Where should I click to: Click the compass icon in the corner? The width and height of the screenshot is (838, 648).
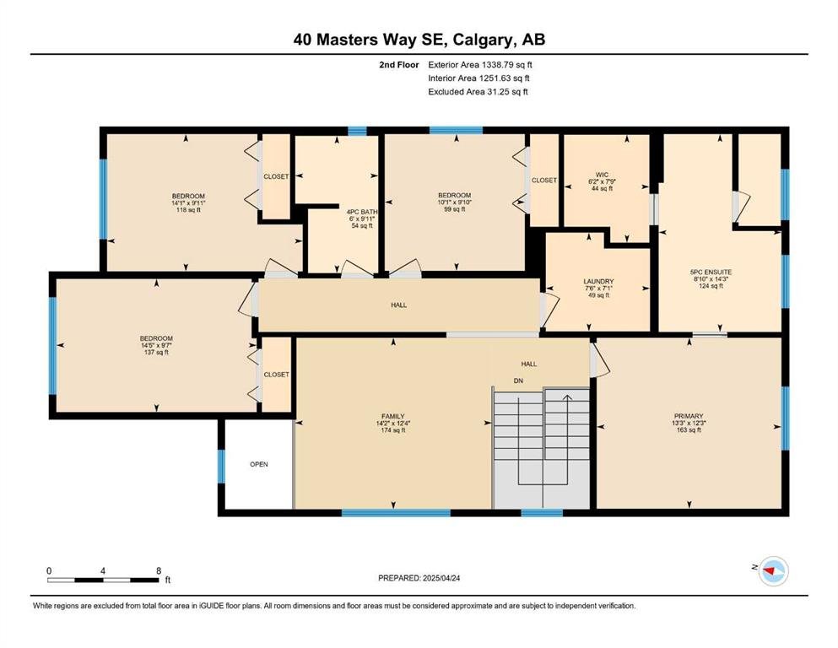pos(773,570)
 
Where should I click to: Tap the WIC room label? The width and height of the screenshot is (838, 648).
pos(602,175)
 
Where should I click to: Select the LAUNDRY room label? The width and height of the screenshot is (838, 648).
pos(598,282)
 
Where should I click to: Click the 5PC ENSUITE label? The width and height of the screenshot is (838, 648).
pos(711,272)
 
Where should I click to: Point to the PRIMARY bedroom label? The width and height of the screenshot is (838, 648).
pos(689,416)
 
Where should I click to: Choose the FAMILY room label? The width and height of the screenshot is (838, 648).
pos(392,417)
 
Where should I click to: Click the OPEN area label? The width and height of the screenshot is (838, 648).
pos(259,464)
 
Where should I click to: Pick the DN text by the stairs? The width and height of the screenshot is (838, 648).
pos(518,381)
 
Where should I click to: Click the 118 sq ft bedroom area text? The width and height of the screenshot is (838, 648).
pos(188,210)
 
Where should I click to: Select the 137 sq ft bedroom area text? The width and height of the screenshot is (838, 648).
pos(156,352)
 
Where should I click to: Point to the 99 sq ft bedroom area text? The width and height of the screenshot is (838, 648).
pos(454,209)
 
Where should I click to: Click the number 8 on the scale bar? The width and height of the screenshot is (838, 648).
pos(159,571)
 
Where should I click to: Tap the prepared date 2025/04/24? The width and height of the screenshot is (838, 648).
pos(441,578)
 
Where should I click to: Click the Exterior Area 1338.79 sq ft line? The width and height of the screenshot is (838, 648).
pos(480,65)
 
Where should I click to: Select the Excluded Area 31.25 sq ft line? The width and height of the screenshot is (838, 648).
pos(478,91)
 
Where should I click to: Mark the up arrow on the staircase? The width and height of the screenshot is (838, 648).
pos(567,397)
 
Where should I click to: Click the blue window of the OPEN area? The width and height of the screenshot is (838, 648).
pos(221,467)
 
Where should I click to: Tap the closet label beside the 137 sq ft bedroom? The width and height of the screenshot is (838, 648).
pos(276,375)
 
